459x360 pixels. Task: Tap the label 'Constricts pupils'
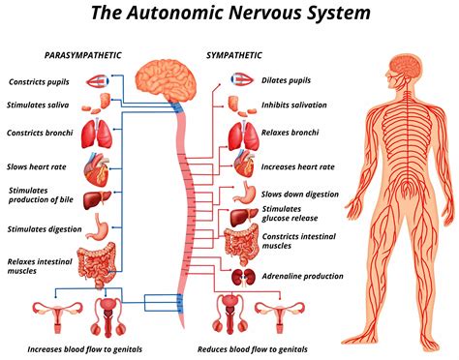pos(41,82)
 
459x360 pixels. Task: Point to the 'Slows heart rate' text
pos(37,166)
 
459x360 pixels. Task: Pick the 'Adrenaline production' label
pos(301,277)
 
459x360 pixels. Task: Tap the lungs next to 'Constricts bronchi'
pos(100,134)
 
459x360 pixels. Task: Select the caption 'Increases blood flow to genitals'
pos(88,348)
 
